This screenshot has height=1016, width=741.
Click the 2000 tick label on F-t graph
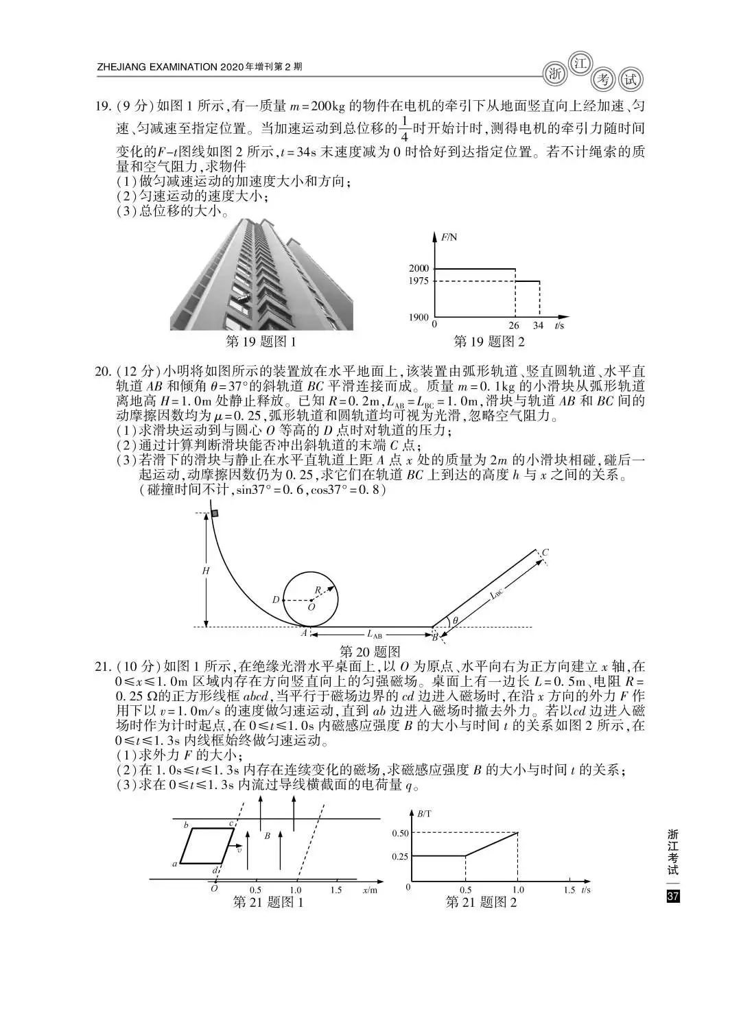[419, 268]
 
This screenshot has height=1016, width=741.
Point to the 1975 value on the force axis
[419, 281]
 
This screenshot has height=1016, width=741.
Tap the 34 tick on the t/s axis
[539, 325]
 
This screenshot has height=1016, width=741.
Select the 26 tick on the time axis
[514, 325]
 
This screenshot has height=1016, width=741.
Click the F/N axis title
[449, 237]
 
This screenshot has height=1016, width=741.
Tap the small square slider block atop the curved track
[214, 513]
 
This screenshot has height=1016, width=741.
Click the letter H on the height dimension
[205, 571]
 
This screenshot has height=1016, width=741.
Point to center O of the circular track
[311, 606]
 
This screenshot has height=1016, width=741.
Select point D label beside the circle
[276, 600]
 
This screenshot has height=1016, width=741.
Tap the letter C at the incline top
[545, 552]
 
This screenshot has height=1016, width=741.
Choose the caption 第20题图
[370, 652]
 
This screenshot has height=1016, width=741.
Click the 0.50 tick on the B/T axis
[400, 833]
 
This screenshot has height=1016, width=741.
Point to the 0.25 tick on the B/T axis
[400, 856]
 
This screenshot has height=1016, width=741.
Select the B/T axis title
[424, 813]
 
